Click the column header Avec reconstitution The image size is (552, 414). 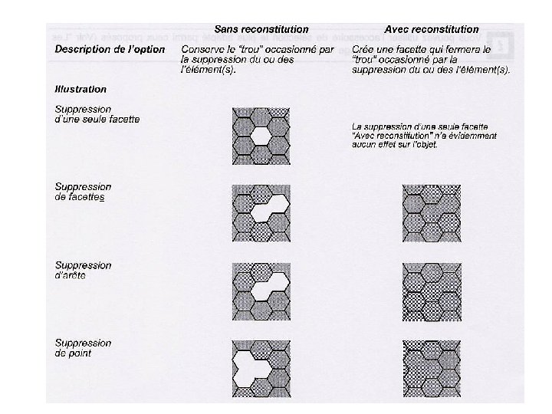[432, 29]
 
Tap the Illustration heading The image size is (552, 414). [80, 89]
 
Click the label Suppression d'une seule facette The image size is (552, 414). [97, 114]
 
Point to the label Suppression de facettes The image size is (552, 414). [84, 192]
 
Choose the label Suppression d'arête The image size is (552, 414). [84, 271]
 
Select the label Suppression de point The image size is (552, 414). [84, 348]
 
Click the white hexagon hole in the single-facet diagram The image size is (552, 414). [261, 136]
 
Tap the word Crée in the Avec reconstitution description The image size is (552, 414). [364, 50]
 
